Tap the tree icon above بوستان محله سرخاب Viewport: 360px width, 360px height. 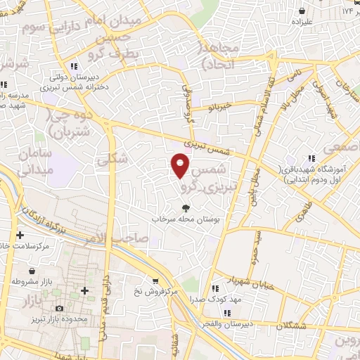coord(186,207)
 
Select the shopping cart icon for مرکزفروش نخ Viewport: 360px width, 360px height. coord(153,278)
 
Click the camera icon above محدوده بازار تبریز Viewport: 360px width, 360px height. coord(59,309)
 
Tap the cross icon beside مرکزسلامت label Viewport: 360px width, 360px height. coord(20,235)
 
